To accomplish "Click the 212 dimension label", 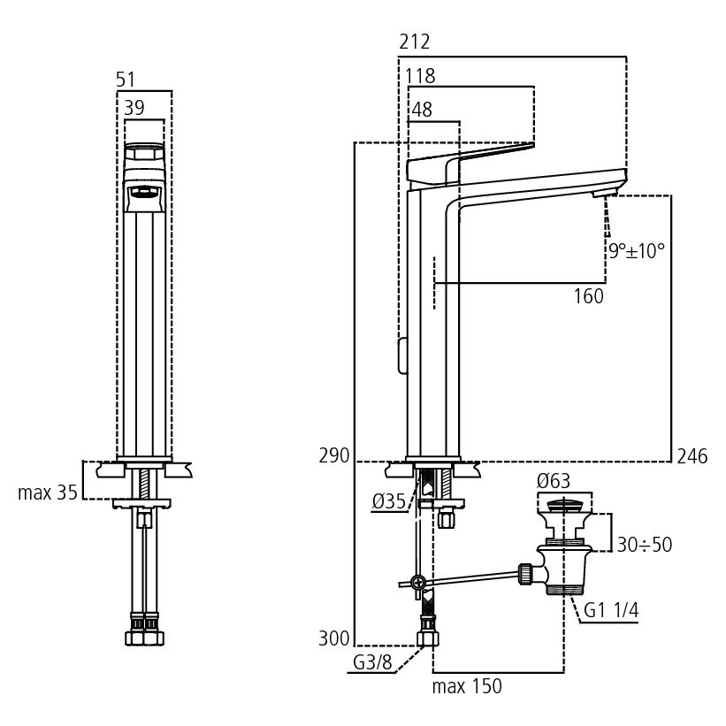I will click(x=415, y=42).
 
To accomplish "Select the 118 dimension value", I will click(x=420, y=76).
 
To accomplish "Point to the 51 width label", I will click(x=126, y=80).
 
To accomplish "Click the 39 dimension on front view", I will click(x=134, y=107).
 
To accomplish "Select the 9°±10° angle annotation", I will click(x=636, y=250).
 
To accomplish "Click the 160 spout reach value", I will click(x=589, y=297).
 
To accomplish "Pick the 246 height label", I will click(x=692, y=457).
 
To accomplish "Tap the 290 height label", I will click(x=334, y=457).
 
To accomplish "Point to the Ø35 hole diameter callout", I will click(x=388, y=501).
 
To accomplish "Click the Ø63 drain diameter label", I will click(x=554, y=482).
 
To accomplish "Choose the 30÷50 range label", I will click(x=644, y=545).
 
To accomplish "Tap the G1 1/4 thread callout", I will click(x=610, y=609).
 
